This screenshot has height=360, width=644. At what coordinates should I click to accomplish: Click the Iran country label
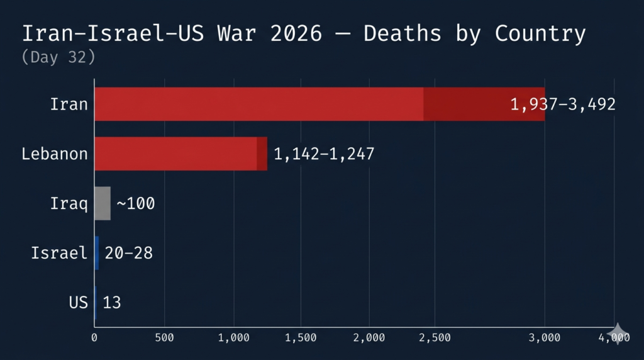coord(69,104)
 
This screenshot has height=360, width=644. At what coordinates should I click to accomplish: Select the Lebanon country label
coord(55,154)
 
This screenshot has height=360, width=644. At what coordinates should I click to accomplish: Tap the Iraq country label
coord(69,203)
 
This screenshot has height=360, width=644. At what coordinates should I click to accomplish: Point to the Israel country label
coord(60,253)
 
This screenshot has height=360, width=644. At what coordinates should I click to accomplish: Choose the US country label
coord(79,303)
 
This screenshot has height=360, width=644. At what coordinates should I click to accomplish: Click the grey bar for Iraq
coord(103,203)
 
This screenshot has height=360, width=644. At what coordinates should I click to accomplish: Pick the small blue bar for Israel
coord(97,253)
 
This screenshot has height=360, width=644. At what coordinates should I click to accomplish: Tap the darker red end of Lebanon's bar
coord(262,154)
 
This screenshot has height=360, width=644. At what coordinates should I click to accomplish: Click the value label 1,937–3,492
coord(563,104)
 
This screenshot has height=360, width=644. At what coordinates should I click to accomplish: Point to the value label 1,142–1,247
coord(324,154)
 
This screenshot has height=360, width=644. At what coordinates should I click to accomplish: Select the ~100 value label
coord(136,204)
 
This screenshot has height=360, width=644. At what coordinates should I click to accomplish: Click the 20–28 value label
coord(129,253)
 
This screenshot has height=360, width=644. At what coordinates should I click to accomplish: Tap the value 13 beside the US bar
coord(112,303)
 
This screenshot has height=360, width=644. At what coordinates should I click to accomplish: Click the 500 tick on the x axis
coord(164,338)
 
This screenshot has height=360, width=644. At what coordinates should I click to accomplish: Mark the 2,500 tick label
coord(435,338)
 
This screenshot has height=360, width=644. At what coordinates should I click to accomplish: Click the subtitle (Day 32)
coord(58,57)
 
